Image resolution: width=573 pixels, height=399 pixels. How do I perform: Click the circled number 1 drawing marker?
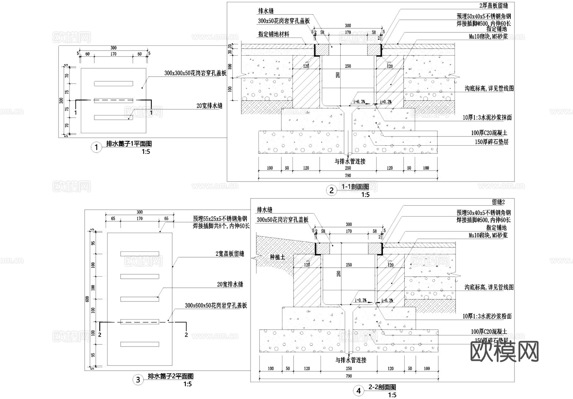(x=96, y=147)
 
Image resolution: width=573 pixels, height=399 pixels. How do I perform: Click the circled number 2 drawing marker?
(x=331, y=190)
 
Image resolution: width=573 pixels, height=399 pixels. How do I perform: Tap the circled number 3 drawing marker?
(x=138, y=380)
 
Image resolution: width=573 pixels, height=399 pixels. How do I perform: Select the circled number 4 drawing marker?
(x=359, y=391)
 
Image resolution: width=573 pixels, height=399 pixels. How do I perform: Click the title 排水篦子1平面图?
(x=129, y=144)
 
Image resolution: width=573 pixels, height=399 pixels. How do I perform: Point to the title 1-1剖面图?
(x=355, y=187)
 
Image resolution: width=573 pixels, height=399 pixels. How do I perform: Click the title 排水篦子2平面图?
(x=170, y=376)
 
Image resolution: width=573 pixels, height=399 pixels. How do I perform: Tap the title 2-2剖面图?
(x=382, y=387)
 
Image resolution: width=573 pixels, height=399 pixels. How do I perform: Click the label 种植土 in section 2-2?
(x=277, y=257)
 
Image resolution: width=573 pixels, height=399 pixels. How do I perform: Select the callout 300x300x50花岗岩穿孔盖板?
(x=195, y=73)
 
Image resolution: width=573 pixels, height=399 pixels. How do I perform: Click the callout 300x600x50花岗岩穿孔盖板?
(x=216, y=306)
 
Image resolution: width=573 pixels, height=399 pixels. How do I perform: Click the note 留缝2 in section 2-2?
(x=498, y=202)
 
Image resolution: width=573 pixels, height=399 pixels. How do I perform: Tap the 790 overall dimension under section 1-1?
(x=348, y=175)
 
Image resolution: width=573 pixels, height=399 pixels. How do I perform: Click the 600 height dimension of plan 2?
(x=87, y=299)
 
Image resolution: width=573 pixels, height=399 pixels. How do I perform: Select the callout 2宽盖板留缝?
(x=230, y=254)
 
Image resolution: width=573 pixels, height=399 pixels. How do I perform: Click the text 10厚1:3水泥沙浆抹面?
(x=487, y=118)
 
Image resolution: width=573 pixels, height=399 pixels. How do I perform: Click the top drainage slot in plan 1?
(x=113, y=84)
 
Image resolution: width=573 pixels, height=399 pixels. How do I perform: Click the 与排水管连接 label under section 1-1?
(x=350, y=161)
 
